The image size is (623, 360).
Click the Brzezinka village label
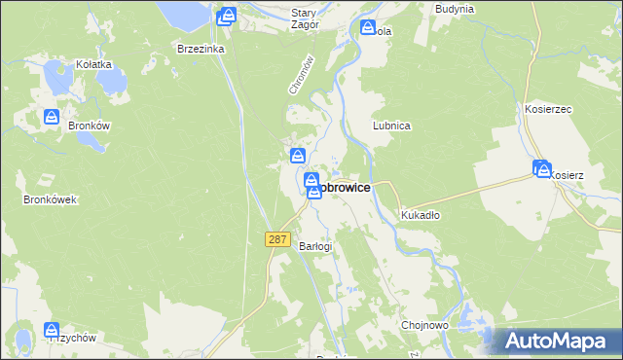click(x=202, y=48)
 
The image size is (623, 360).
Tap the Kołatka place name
click(x=94, y=64)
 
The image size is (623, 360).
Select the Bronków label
click(x=87, y=126)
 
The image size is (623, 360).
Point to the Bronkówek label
click(x=50, y=199)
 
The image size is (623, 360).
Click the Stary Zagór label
click(x=305, y=18)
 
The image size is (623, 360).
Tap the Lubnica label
click(x=391, y=126)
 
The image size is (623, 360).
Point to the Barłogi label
click(x=315, y=246)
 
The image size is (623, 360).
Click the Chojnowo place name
click(x=423, y=325)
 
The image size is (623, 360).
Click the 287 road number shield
click(x=277, y=239)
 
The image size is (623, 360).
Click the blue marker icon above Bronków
click(x=52, y=117)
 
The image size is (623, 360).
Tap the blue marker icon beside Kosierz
click(x=541, y=168)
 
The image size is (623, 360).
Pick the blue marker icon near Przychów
click(x=52, y=331)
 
